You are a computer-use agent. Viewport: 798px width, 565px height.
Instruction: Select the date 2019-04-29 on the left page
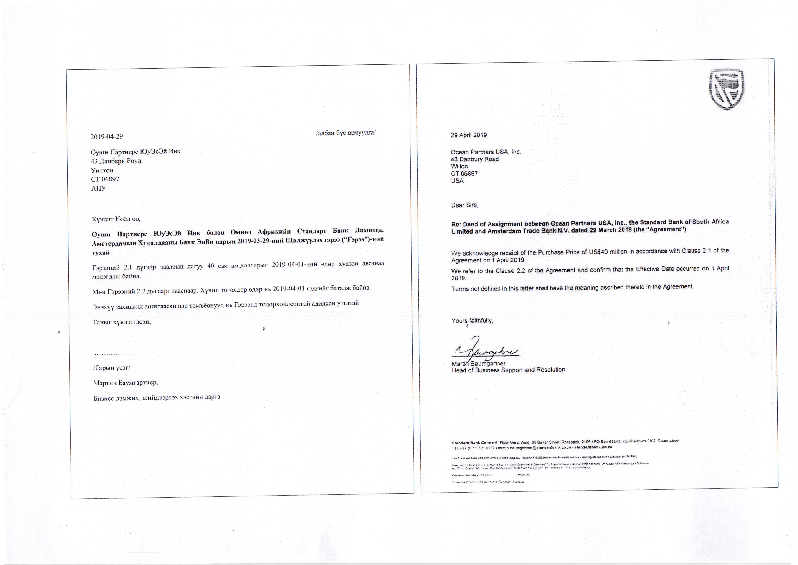(x=107, y=136)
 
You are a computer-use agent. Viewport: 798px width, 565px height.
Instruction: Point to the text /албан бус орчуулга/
(x=346, y=133)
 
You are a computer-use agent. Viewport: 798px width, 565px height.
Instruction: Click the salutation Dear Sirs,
(x=465, y=205)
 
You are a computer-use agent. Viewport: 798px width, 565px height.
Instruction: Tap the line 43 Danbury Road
(x=474, y=159)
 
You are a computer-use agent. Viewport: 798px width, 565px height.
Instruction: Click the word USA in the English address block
(x=457, y=181)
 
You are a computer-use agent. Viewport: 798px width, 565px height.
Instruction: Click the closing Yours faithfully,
(x=472, y=321)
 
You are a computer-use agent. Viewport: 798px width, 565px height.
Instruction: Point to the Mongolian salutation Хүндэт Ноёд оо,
(x=116, y=219)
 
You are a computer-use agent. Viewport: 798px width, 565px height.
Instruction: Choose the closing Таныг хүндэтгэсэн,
(x=122, y=322)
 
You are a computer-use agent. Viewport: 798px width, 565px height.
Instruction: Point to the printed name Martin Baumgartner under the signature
(x=478, y=364)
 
